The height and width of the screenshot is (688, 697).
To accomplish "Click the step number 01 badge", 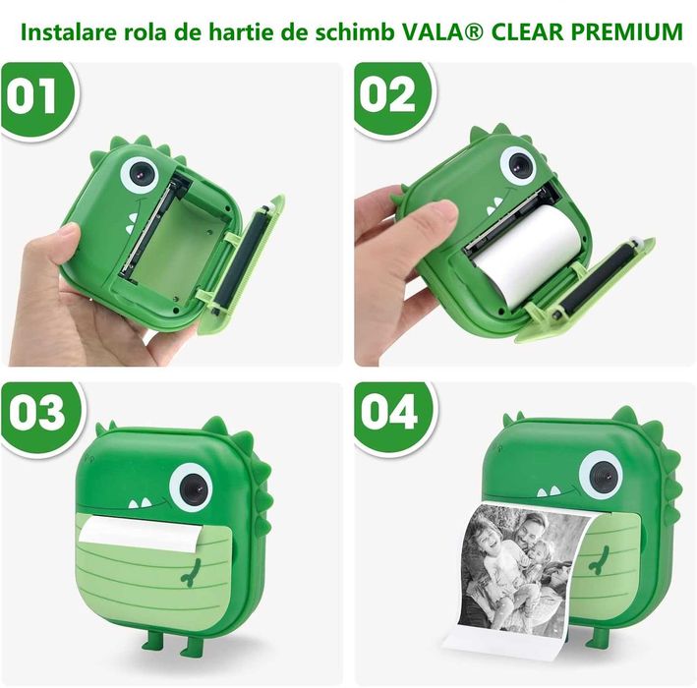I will [x=37, y=95].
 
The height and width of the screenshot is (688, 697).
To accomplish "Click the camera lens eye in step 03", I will [x=191, y=487].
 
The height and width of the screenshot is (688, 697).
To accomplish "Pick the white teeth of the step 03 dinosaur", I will [x=141, y=502].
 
